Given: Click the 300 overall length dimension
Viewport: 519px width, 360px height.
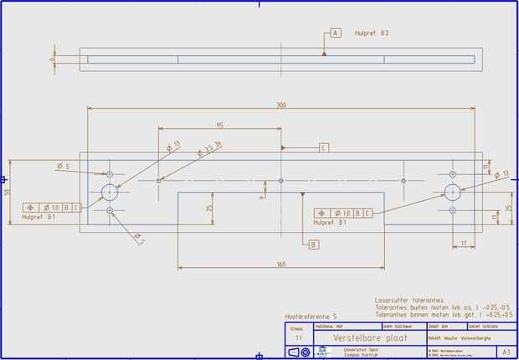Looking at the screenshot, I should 281,105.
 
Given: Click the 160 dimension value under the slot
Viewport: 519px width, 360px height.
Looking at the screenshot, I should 281,265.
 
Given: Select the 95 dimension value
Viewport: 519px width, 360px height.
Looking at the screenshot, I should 219,126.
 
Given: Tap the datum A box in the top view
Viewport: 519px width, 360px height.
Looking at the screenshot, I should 336,33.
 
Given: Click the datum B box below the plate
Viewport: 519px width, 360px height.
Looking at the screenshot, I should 313,245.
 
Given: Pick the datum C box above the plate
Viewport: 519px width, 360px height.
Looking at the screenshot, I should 323,147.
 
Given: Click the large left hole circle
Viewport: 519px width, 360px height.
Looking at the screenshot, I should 110,192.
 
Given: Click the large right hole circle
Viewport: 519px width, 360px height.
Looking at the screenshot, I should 453,191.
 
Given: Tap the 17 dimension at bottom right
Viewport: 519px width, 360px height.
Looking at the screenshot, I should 463,244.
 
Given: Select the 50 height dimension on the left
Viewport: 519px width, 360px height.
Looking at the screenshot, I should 8,192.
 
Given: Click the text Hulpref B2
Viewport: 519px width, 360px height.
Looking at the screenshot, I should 372,33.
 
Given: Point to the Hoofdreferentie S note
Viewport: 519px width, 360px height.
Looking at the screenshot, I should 311,316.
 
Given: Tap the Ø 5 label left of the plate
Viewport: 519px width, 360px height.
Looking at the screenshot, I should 64,167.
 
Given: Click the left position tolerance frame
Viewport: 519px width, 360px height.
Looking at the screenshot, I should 53,207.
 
